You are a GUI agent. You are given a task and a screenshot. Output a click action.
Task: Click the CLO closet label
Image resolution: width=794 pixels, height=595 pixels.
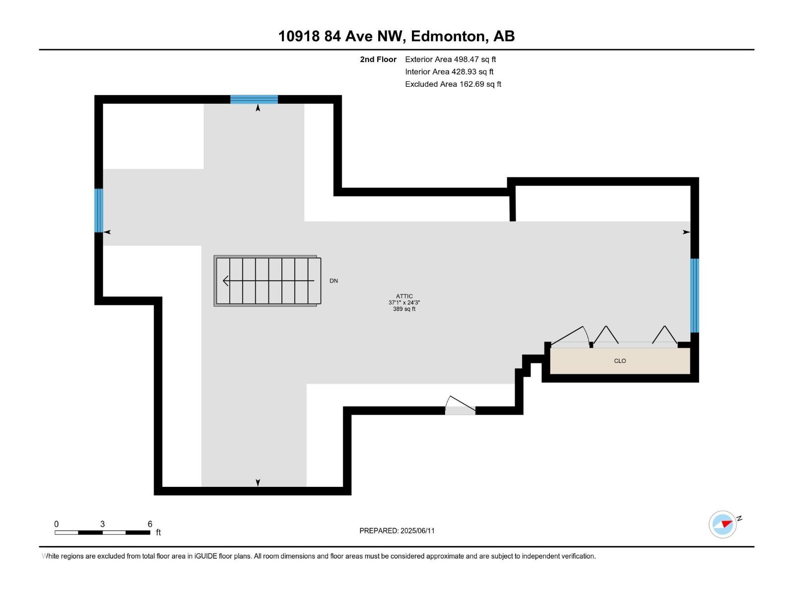point(620,361)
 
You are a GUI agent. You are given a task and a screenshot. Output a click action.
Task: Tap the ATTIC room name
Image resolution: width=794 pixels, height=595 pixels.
point(404,296)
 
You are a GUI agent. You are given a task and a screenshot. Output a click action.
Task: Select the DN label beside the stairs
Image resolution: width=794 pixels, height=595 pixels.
point(333,281)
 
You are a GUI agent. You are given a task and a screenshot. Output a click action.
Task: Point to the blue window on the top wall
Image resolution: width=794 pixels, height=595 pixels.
point(254,99)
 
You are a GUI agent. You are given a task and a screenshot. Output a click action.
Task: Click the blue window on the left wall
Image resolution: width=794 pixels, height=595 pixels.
point(99,210)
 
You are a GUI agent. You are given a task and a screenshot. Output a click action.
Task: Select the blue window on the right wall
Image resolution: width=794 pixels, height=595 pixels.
point(695,296)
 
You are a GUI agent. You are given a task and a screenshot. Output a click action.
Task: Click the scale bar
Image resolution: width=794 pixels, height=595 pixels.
point(102,533)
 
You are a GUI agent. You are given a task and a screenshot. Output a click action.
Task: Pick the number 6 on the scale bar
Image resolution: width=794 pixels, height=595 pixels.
point(150,524)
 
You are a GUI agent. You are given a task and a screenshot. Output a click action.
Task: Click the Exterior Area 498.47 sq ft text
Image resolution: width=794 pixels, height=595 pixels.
point(450,59)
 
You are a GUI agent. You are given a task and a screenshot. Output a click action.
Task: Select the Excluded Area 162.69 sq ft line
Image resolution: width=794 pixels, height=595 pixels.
point(453,84)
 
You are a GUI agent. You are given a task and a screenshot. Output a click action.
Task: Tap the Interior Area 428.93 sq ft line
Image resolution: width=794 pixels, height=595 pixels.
point(449,71)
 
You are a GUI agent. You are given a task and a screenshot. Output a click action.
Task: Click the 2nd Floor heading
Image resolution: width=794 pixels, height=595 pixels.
point(378,59)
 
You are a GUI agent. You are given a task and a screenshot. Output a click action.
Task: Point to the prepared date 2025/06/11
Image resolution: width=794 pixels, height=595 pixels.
point(417,531)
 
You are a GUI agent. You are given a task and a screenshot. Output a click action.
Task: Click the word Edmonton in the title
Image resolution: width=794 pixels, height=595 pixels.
point(448,36)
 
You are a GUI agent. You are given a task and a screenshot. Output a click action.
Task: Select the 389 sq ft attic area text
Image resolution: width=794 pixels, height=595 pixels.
point(404,309)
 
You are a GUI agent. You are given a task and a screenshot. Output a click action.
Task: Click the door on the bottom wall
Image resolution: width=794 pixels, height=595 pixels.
point(460,410)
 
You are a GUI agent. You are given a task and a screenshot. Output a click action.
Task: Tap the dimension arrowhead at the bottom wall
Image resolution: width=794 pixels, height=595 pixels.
point(258,482)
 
